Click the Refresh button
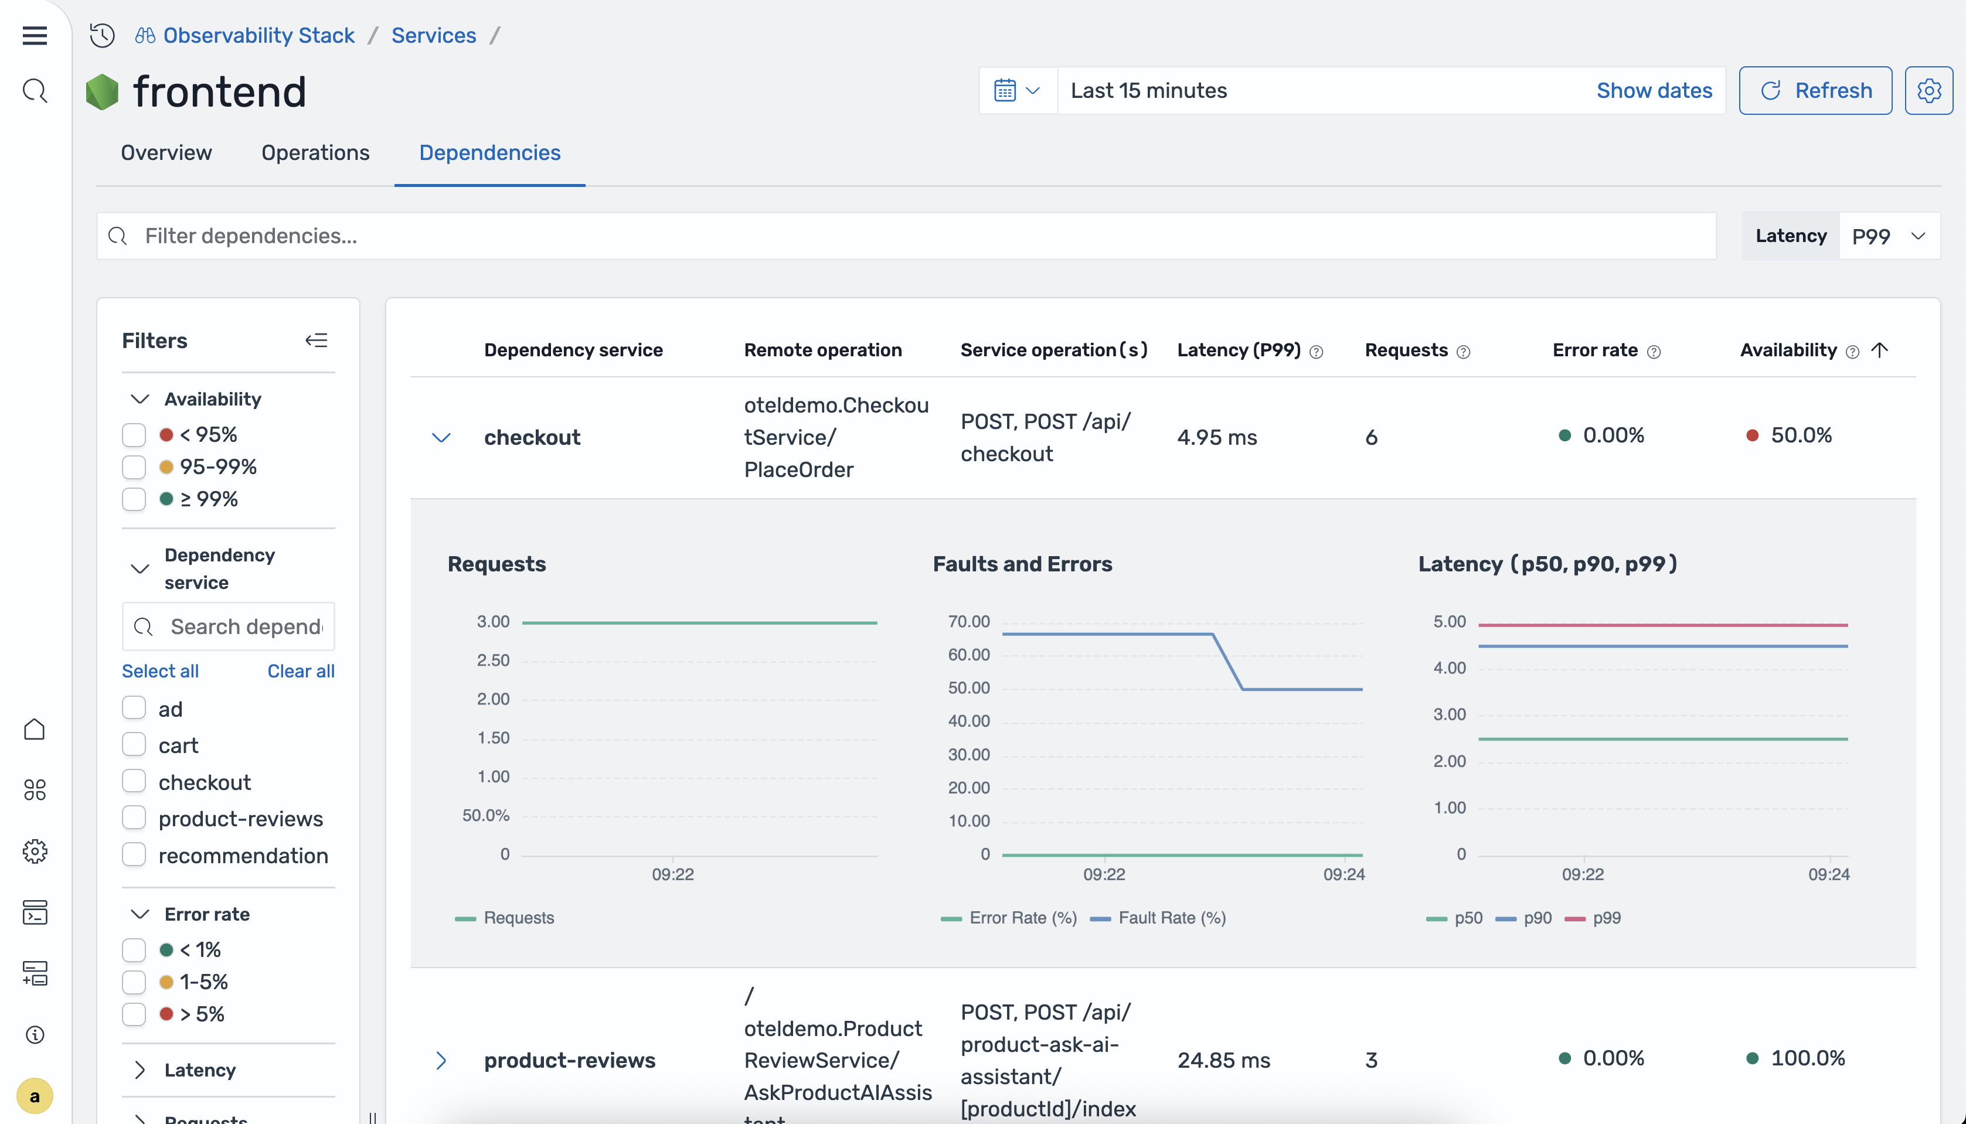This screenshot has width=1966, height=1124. click(1815, 90)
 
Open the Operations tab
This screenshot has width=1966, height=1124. click(315, 153)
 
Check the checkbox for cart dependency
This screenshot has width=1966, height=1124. click(134, 745)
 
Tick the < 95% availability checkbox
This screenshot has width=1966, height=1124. click(134, 435)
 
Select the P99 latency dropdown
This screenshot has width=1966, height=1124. click(1888, 236)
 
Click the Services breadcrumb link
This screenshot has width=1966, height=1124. click(433, 36)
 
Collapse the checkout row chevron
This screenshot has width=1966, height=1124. click(441, 438)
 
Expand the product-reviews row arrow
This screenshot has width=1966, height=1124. click(441, 1060)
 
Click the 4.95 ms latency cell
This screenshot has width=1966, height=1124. click(1216, 438)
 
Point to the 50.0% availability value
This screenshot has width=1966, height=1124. click(1800, 435)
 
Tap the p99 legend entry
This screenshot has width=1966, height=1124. click(1606, 918)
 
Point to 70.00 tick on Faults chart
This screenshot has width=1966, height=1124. click(968, 621)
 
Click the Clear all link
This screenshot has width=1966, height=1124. click(300, 671)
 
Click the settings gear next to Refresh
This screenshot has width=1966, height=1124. click(1928, 90)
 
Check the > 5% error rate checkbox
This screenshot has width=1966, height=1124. click(134, 1014)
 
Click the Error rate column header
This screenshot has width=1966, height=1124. click(1594, 350)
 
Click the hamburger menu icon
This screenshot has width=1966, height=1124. click(35, 36)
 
